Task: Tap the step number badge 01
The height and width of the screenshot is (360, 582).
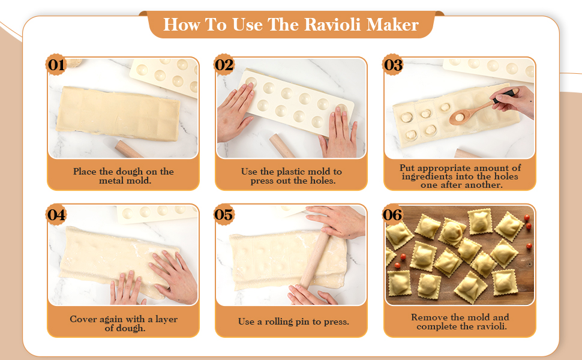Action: (56, 65)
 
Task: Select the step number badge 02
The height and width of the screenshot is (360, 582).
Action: (224, 65)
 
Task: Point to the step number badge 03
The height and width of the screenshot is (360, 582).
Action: (393, 65)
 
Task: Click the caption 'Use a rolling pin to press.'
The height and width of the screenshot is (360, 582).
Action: (293, 322)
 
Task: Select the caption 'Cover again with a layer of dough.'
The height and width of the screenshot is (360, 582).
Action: (124, 323)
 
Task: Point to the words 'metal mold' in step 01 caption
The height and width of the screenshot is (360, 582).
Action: (124, 180)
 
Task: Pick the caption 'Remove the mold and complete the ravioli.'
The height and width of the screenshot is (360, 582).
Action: (460, 322)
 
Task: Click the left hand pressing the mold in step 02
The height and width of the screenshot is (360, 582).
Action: (235, 112)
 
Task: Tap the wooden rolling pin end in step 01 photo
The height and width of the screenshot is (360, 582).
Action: (130, 148)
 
